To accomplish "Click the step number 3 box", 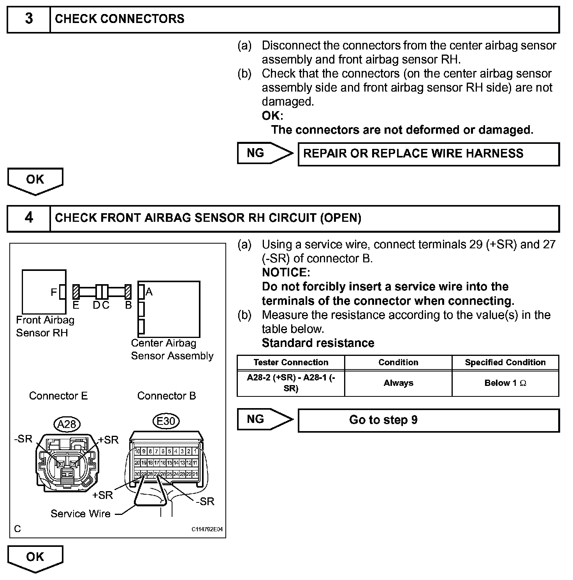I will [29, 19].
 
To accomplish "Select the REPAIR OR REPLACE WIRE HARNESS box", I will [428, 154].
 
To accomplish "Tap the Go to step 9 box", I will [428, 420].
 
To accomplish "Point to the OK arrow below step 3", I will [35, 180].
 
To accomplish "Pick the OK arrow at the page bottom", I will [35, 557].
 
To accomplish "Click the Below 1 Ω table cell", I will [505, 383].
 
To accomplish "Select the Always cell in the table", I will [398, 383].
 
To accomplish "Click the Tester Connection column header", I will [291, 362].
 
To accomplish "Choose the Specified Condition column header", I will [505, 362].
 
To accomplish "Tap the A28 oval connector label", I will [67, 424].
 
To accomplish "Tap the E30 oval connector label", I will [166, 421].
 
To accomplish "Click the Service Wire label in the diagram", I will [81, 514].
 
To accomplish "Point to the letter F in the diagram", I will [54, 292].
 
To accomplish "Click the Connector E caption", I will [58, 396].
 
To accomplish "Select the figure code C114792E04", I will [207, 530].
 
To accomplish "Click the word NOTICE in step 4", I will [286, 272].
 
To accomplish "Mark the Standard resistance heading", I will [318, 343].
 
